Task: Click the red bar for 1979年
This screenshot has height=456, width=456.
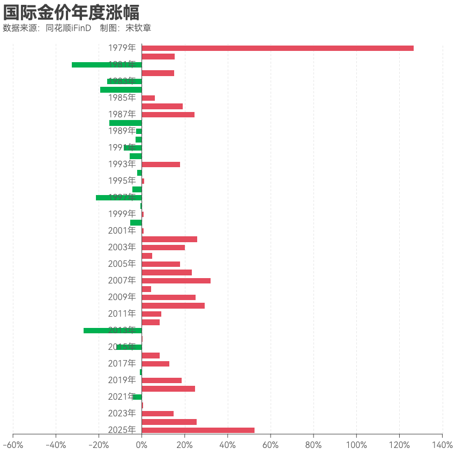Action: click(278, 48)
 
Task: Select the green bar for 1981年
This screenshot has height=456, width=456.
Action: click(107, 65)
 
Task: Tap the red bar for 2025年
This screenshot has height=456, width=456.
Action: click(198, 430)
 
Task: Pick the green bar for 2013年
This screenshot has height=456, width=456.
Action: click(113, 331)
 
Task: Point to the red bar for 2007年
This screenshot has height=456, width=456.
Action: click(176, 281)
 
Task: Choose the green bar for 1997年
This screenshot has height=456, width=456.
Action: click(119, 198)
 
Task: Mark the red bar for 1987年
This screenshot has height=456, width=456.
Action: click(168, 115)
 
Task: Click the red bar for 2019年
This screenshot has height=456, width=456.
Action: click(162, 380)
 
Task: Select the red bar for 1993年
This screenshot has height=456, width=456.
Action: click(161, 165)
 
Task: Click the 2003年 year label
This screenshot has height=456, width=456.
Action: click(122, 248)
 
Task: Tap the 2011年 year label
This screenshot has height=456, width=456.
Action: click(122, 313)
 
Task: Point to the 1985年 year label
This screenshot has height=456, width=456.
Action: click(122, 98)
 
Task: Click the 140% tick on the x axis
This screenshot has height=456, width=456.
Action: click(442, 445)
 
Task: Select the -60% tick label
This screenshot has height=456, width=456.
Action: click(13, 445)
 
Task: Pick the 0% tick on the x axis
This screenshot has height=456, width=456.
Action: click(141, 445)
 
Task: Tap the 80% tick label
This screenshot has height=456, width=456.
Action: click(313, 445)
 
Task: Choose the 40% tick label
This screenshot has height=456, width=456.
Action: click(228, 445)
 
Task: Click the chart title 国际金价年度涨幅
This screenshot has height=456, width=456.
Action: click(71, 12)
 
